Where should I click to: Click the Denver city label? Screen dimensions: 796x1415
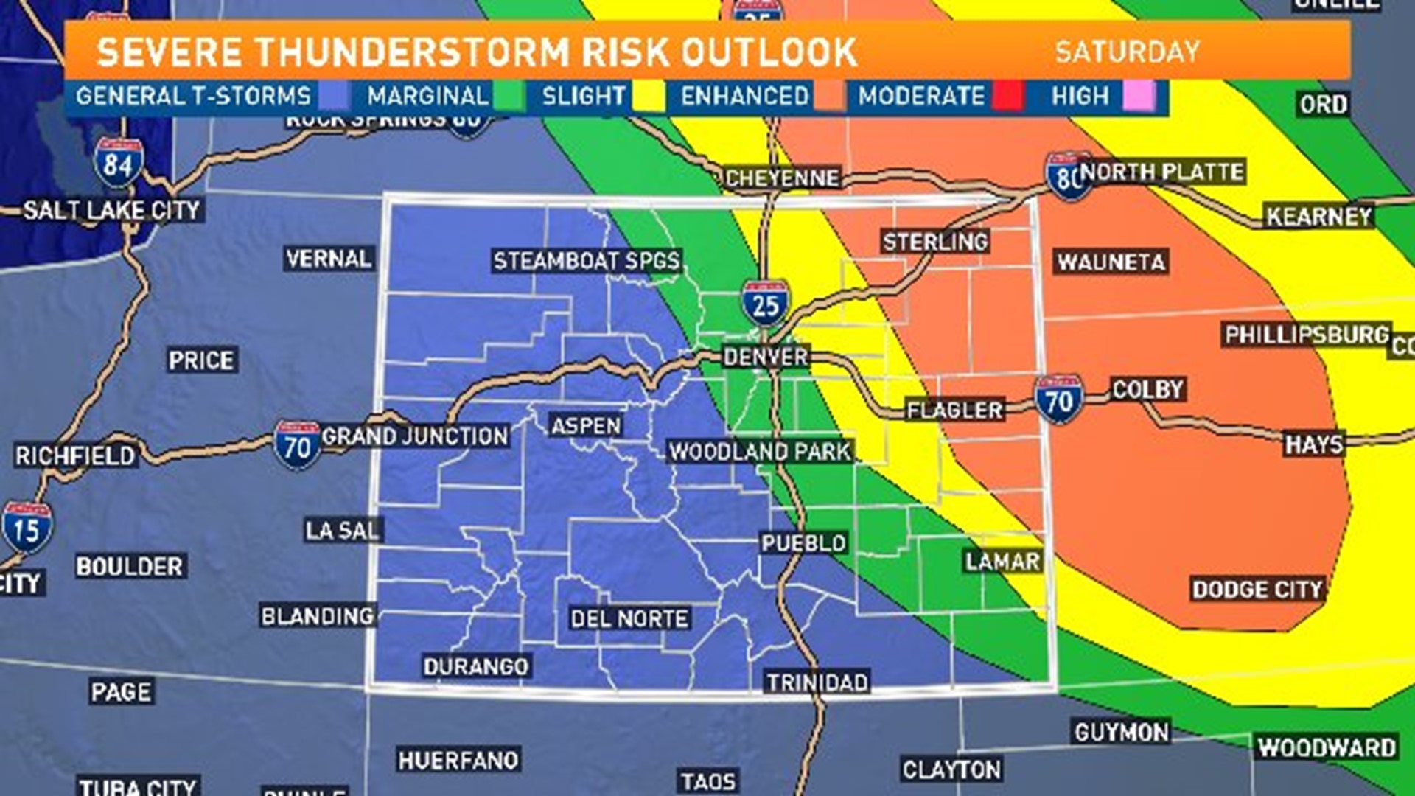(x=765, y=357)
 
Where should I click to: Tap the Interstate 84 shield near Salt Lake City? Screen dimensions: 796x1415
(x=118, y=164)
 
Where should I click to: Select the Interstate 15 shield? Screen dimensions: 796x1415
(x=27, y=528)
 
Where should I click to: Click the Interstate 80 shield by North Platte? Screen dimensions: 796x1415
(x=1068, y=176)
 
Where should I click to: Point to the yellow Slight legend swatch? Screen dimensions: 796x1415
(x=649, y=97)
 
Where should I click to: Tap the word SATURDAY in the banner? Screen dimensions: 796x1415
(x=1128, y=52)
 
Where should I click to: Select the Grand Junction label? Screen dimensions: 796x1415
(x=415, y=436)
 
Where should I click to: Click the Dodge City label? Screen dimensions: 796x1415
(x=1257, y=590)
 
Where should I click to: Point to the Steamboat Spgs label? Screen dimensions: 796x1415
(x=587, y=261)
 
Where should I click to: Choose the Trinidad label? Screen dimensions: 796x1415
(x=817, y=682)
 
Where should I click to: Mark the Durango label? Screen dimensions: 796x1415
(x=476, y=666)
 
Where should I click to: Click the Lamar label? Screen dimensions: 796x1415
(x=1002, y=562)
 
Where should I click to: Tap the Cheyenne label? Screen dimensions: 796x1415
(x=782, y=178)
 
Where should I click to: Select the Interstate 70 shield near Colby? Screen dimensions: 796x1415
(x=1058, y=400)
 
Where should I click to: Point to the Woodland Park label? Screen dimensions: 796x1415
(x=760, y=452)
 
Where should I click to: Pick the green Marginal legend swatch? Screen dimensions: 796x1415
(x=509, y=97)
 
